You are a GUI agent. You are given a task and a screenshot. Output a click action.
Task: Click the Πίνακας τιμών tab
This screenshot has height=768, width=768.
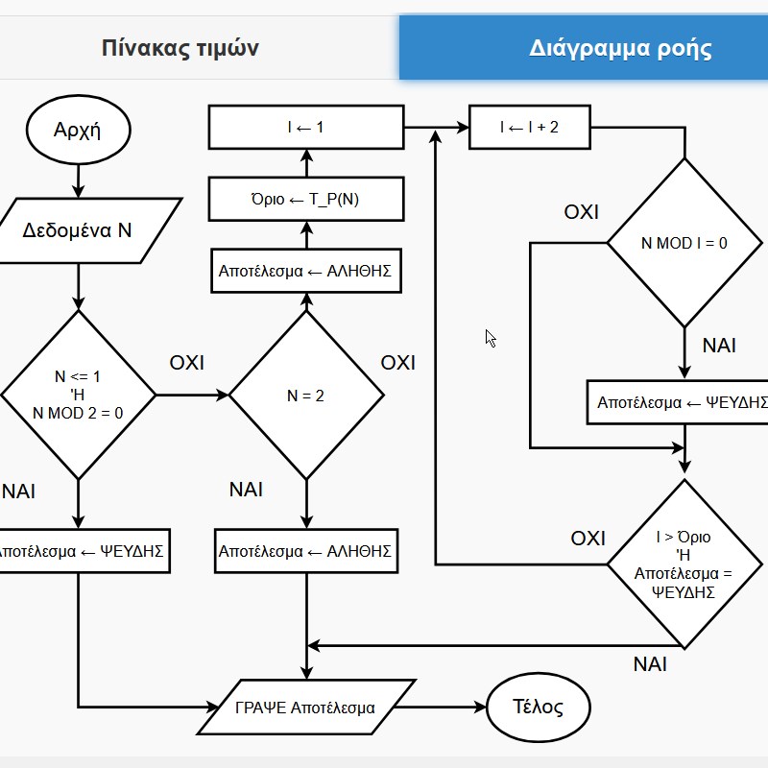click(x=180, y=47)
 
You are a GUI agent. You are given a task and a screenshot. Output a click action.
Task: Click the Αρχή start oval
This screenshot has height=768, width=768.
click(x=79, y=130)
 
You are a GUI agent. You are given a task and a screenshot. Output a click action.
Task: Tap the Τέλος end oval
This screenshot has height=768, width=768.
click(x=539, y=707)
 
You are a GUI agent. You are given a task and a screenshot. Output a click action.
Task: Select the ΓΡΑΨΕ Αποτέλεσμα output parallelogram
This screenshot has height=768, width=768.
click(x=306, y=708)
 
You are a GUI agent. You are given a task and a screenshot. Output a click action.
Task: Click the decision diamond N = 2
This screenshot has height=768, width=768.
click(x=306, y=396)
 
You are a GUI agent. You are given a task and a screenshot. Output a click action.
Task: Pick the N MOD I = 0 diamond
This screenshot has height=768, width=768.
click(x=684, y=243)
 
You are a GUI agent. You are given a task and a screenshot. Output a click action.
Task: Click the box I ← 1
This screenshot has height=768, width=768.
click(x=306, y=127)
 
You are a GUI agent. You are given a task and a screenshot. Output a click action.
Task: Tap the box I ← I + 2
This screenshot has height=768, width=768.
click(x=530, y=127)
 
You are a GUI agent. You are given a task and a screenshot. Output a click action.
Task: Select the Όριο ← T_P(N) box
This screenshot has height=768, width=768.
click(x=306, y=199)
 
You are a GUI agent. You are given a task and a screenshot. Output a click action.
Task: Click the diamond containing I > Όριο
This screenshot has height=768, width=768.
click(x=684, y=564)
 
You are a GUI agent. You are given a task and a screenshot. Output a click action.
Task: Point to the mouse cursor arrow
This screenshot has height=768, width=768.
click(x=491, y=338)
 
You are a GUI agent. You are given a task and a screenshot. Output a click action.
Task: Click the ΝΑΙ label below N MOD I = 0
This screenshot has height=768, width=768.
click(x=719, y=346)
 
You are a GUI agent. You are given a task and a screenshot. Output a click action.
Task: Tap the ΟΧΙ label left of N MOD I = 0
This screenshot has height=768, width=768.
click(x=582, y=212)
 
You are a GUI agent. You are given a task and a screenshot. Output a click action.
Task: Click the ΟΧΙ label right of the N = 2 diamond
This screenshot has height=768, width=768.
click(x=397, y=363)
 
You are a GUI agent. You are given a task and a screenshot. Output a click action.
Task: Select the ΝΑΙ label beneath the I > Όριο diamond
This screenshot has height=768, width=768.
click(x=650, y=664)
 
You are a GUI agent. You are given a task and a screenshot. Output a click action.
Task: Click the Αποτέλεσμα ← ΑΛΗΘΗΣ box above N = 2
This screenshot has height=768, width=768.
click(x=306, y=271)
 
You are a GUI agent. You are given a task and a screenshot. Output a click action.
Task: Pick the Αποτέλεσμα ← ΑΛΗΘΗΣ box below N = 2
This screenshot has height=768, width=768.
click(x=306, y=551)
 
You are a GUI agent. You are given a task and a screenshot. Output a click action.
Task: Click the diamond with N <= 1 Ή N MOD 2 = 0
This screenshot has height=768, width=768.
click(x=79, y=396)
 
